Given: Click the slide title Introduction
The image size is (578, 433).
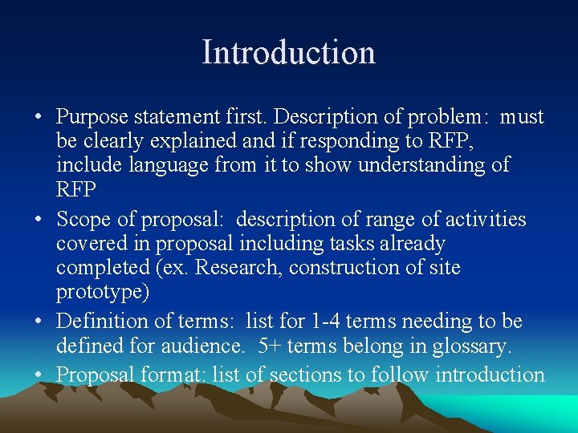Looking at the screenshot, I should [288, 53].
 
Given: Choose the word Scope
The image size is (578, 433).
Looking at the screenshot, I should [81, 219].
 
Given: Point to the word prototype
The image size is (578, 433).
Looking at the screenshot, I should [103, 292].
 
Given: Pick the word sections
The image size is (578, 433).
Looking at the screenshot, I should [309, 374].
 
